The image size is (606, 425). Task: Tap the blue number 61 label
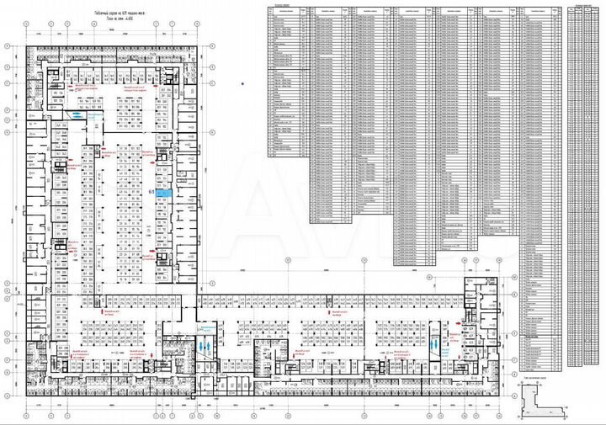pos(151,193)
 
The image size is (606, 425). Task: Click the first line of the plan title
pos(117,14)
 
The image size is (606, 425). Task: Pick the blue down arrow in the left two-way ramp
pos(201,344)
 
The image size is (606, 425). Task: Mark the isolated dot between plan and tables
pos(242,82)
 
